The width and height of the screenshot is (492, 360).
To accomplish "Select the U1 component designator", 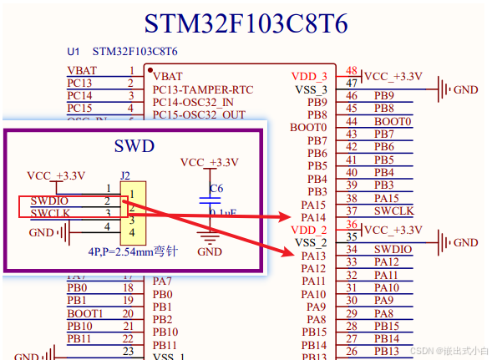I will [74, 52].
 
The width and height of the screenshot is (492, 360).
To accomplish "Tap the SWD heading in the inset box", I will [134, 146].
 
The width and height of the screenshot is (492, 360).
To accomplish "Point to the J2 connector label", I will [125, 175].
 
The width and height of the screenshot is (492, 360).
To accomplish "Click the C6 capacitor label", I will [216, 189].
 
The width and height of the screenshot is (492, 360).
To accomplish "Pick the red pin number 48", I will [353, 72].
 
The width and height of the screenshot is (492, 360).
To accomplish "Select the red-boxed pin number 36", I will [353, 226].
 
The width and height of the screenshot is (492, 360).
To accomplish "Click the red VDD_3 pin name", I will [309, 76].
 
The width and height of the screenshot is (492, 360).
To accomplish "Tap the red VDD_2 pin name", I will [309, 230].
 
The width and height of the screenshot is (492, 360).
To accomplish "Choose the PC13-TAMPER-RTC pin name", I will [202, 89].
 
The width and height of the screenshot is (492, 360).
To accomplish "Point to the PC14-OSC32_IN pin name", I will [193, 102].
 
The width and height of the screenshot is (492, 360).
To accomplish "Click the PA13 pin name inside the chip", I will [313, 256].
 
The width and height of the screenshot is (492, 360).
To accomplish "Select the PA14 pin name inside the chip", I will [313, 217].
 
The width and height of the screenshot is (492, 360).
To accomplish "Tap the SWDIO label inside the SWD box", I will [49, 201].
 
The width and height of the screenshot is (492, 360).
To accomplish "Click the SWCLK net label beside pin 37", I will [393, 211].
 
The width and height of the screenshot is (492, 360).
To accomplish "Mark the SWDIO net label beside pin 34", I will [393, 249].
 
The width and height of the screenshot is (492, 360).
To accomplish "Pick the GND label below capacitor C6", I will [210, 251].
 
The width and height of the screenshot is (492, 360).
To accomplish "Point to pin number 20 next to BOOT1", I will [128, 313].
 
